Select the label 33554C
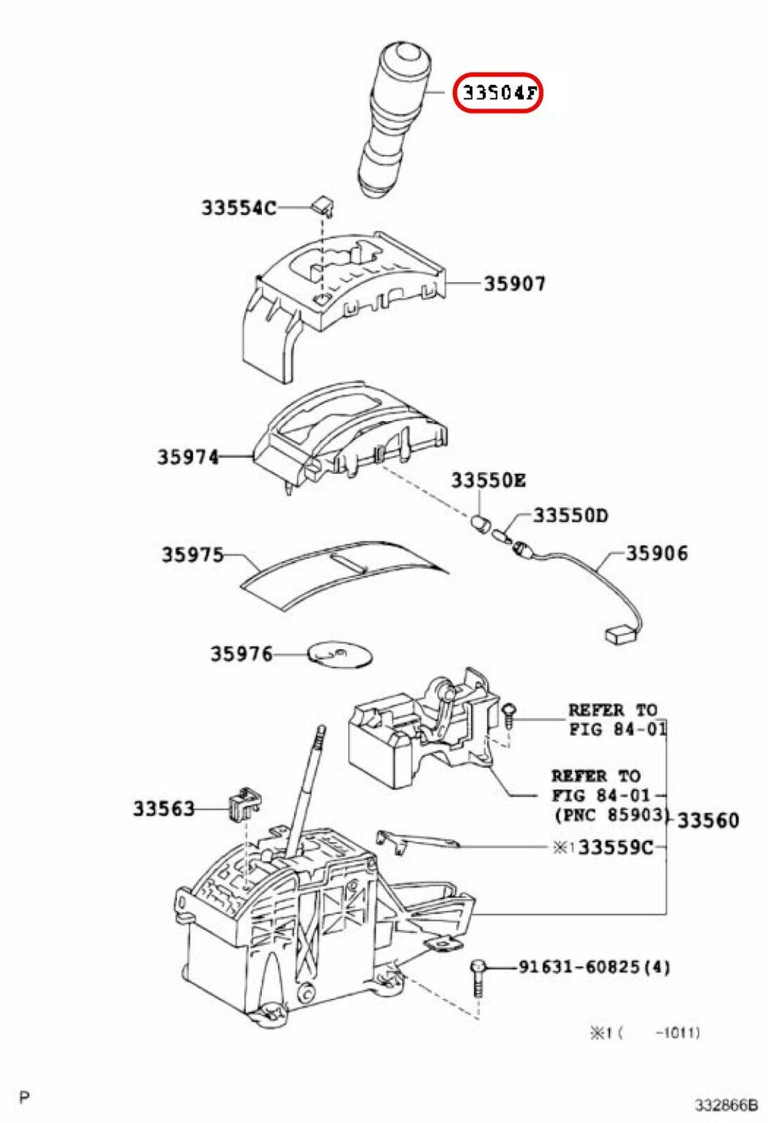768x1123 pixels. [x=238, y=208]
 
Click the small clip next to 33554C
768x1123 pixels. [x=322, y=203]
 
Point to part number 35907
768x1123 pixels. [x=515, y=283]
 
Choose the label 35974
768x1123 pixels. [x=188, y=457]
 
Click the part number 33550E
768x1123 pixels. [x=488, y=480]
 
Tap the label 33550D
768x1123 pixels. [x=570, y=515]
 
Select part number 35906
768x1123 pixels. [x=657, y=553]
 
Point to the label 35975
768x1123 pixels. [x=192, y=555]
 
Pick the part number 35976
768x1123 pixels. [x=242, y=653]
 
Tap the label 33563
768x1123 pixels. [x=164, y=808]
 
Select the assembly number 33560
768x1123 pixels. [x=708, y=820]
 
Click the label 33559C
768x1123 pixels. [x=615, y=847]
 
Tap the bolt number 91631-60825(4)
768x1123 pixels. [x=594, y=966]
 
